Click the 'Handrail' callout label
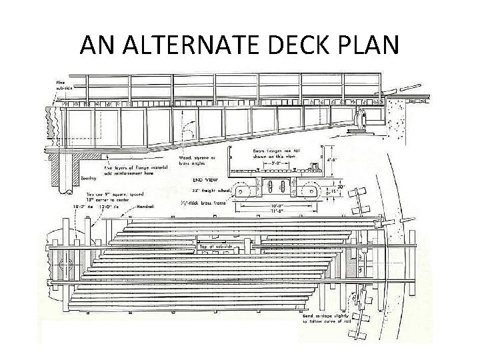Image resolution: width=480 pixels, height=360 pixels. (147, 207)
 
